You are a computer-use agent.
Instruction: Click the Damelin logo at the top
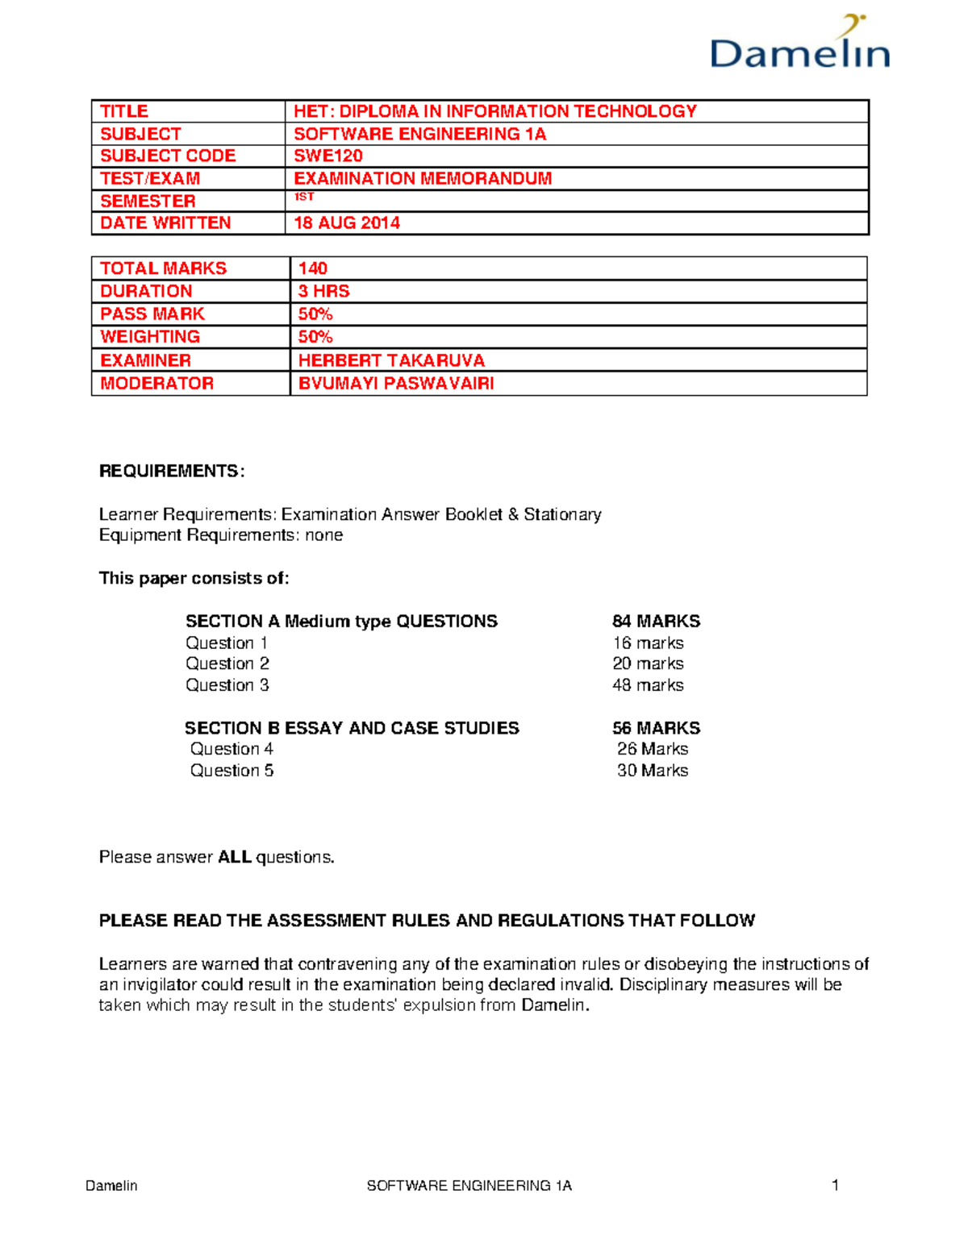799,45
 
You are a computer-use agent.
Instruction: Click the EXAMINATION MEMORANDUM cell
423,178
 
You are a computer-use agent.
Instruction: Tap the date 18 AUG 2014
347,223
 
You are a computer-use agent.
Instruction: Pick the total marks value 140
313,268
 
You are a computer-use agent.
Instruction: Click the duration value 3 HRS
323,291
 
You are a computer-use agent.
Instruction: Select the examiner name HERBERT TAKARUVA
391,360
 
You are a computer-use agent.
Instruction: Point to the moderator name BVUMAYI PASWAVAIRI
396,384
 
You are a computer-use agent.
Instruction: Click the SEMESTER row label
148,201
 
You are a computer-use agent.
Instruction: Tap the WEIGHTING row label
150,337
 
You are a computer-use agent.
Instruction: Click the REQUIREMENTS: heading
171,472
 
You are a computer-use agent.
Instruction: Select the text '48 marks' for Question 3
648,685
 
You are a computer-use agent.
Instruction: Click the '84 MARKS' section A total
656,622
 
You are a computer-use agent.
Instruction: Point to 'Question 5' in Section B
232,771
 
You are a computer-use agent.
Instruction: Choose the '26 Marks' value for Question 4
653,749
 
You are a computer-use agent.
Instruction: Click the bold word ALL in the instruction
235,857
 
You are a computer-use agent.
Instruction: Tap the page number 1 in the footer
835,1185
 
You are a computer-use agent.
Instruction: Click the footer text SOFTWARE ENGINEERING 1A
469,1186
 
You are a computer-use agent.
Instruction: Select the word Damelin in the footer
111,1186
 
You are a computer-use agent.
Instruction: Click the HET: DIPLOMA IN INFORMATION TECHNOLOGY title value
494,111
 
